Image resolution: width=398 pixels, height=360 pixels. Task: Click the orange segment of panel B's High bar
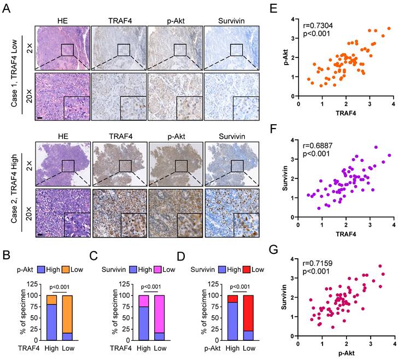coord(51,300)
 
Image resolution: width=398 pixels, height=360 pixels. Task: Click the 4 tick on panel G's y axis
coord(294,259)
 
